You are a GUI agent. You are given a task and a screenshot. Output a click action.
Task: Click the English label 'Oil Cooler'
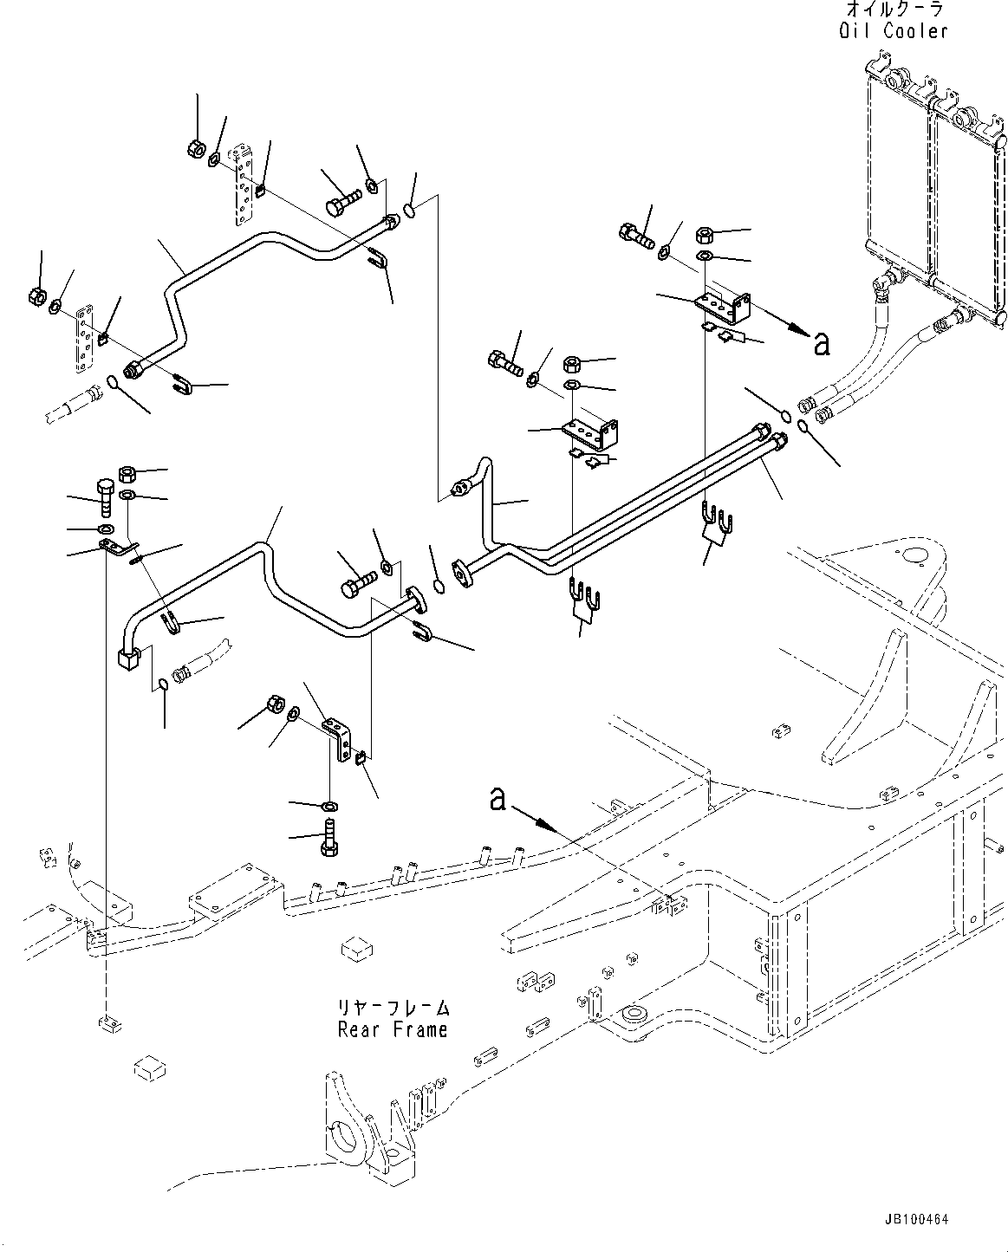894,31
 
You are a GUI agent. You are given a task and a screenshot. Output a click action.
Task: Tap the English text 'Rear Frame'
393,1029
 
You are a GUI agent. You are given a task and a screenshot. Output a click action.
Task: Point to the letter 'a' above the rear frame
497,798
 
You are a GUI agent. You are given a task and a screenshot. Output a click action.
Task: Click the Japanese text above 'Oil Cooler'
894,10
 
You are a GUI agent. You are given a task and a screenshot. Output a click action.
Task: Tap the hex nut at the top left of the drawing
196,148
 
